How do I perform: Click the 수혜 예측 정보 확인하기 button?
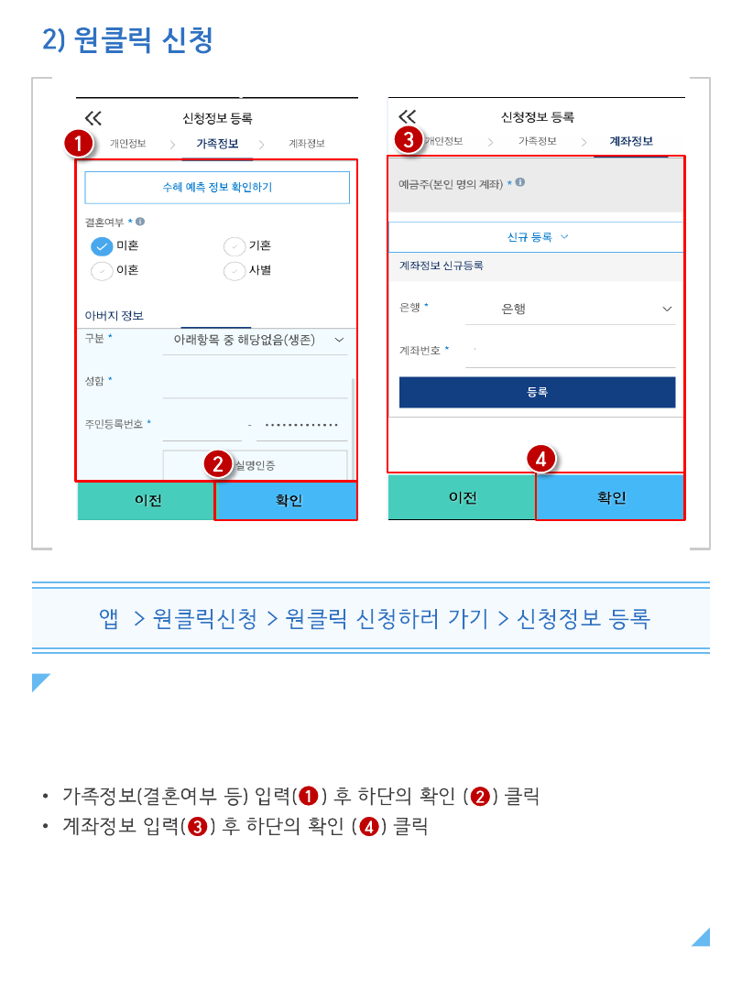[217, 188]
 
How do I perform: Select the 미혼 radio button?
[102, 246]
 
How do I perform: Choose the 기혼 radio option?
[235, 246]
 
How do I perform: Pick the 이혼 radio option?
[102, 270]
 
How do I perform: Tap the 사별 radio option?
[235, 270]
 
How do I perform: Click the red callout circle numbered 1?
[78, 143]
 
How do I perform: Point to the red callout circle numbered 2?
[218, 464]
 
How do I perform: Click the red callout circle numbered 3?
[409, 139]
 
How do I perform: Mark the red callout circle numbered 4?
[541, 459]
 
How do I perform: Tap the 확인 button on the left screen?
[286, 501]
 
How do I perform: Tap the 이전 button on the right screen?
[462, 497]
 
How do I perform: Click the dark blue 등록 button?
[537, 392]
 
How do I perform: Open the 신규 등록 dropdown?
[536, 237]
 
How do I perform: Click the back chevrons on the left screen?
[93, 118]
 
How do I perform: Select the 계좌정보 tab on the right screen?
[631, 141]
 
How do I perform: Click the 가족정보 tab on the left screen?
[217, 144]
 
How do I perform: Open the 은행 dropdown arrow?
[667, 310]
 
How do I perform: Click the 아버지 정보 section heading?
[115, 315]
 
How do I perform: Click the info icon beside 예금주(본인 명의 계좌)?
[520, 182]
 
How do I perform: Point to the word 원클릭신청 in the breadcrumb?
[205, 619]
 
